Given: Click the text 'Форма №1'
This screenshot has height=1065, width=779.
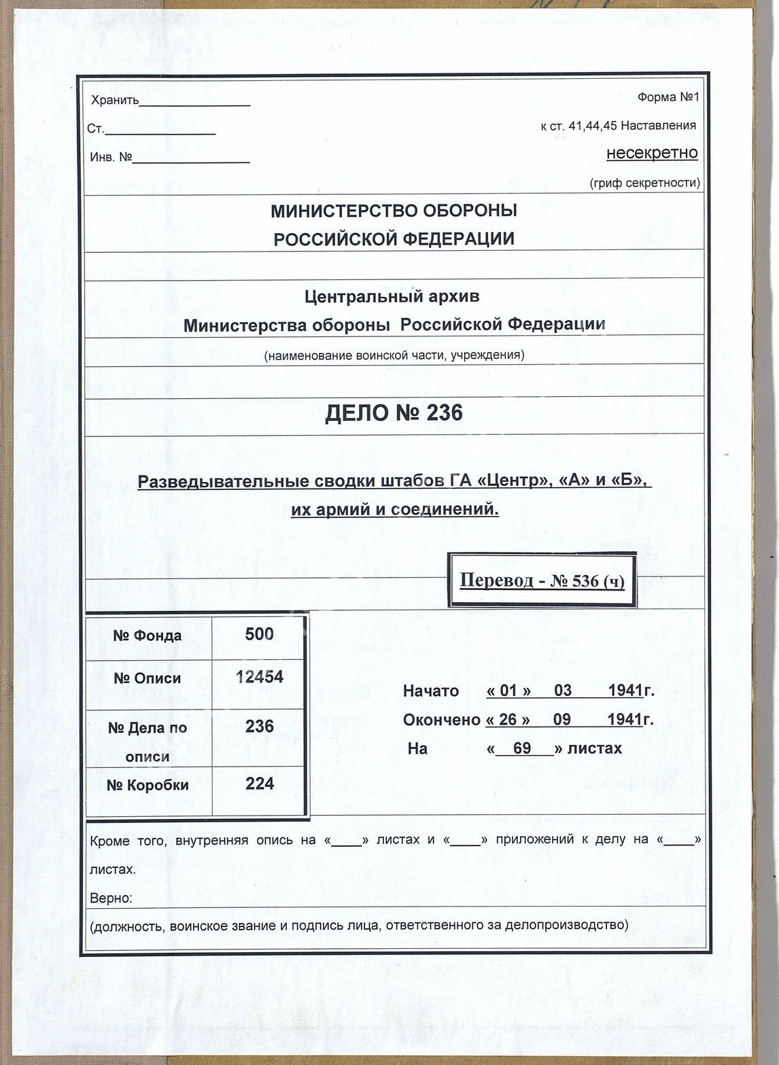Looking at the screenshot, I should point(668,97).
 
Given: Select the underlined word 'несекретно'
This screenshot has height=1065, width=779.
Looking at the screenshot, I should point(652,153).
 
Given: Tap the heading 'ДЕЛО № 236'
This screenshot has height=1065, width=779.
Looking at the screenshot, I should point(394,413).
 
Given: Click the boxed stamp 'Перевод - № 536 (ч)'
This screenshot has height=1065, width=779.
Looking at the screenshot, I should point(542,581).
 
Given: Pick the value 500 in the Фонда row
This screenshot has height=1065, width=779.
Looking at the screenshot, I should point(259,634).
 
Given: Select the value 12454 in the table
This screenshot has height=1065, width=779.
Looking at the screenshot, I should point(259,677).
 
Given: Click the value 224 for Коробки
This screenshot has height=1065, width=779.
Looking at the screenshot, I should point(259,784).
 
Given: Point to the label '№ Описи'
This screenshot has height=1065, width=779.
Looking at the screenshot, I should point(147,678).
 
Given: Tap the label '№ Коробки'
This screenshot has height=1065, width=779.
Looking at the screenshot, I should point(147,785).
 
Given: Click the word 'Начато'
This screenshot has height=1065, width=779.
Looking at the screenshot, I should point(431,691).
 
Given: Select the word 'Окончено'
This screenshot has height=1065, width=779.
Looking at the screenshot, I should point(441,720).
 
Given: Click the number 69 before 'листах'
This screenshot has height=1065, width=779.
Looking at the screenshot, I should point(522,748).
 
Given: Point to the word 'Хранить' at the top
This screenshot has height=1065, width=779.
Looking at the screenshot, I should point(114,101).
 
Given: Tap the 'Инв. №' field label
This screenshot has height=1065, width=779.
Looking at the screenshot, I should point(111,158).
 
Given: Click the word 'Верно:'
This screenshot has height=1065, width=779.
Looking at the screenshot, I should point(111,898).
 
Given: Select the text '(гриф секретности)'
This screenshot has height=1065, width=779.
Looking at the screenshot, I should point(644,183).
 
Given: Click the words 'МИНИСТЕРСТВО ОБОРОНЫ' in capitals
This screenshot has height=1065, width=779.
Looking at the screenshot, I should point(394,211).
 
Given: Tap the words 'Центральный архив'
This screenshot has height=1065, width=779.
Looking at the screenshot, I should point(392,296).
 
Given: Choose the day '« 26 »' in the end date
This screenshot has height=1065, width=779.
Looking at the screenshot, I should point(508,720).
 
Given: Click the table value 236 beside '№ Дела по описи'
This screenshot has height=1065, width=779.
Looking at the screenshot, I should point(259,726).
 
